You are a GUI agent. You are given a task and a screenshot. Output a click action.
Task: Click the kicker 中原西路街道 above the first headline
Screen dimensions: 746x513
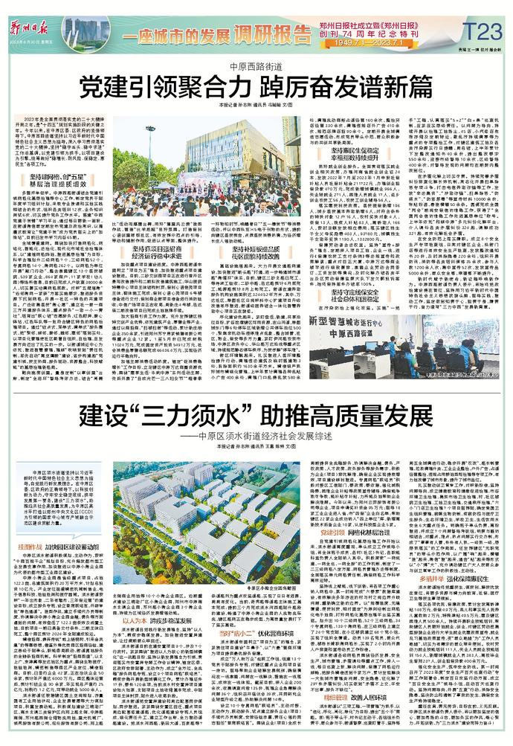click(256, 65)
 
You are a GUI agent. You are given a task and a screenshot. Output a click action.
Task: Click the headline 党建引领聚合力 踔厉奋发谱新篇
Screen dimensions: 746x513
click(256, 86)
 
